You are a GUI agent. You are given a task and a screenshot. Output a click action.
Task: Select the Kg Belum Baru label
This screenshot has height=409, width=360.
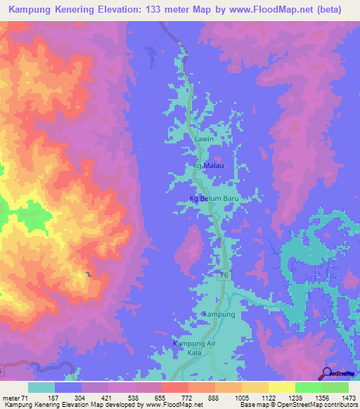click(x=215, y=199)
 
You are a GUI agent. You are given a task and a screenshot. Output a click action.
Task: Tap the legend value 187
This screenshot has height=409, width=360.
click(x=67, y=397)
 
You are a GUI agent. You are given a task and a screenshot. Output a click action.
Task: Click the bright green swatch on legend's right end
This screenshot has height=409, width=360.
click(x=335, y=387)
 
